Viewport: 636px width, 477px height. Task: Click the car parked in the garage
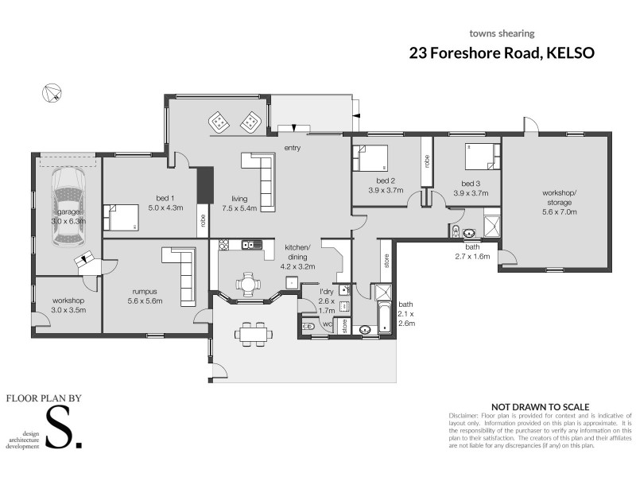click(x=67, y=204)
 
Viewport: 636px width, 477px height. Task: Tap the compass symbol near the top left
click(x=52, y=93)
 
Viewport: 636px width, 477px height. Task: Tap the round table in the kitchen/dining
click(x=248, y=283)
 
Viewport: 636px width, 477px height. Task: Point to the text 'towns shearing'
click(x=502, y=33)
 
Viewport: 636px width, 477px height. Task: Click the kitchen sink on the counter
click(x=251, y=244)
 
